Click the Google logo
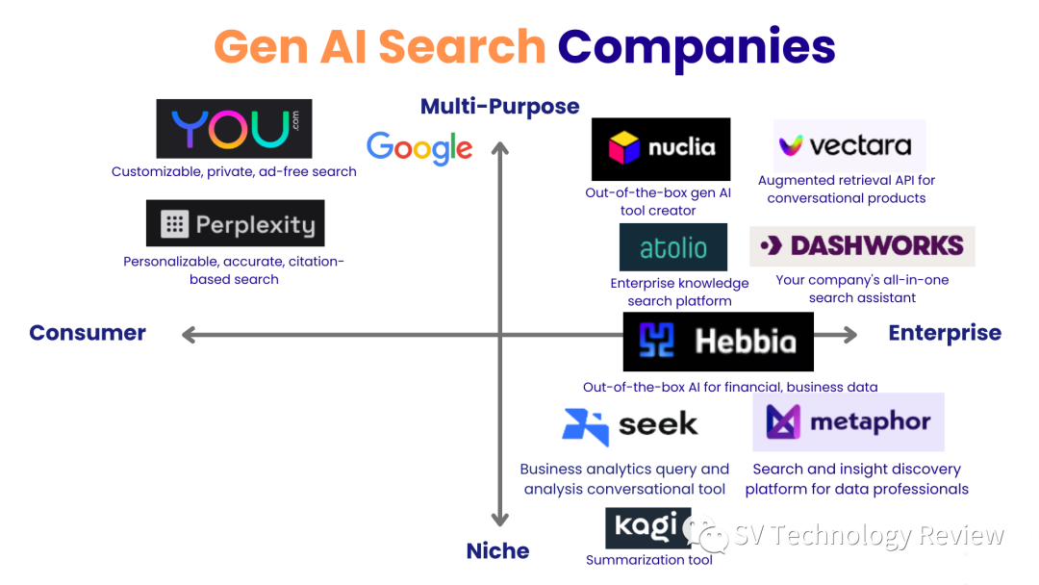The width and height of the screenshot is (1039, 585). (x=419, y=147)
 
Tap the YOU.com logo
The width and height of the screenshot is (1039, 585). (x=234, y=129)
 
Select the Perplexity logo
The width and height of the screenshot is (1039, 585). (x=236, y=224)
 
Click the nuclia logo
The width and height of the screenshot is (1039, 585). (x=661, y=148)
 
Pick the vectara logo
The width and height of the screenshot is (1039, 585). (x=849, y=145)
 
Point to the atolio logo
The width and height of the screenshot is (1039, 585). (x=673, y=248)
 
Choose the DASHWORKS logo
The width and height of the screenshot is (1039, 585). (x=862, y=245)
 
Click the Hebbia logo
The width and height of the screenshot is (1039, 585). (x=718, y=342)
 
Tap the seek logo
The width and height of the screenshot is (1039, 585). (x=630, y=424)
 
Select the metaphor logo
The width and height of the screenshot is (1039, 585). (x=848, y=421)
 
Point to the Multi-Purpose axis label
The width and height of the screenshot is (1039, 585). (x=499, y=107)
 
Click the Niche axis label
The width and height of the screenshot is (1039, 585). (x=497, y=551)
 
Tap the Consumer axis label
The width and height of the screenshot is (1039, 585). (x=88, y=333)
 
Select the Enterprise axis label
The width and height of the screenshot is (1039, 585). (x=945, y=333)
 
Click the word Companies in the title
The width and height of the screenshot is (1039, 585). (x=697, y=46)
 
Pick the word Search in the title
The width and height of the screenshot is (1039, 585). (x=463, y=46)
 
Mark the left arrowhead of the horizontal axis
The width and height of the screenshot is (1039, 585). (x=189, y=335)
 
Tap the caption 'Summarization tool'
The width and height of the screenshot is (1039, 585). (x=649, y=560)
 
